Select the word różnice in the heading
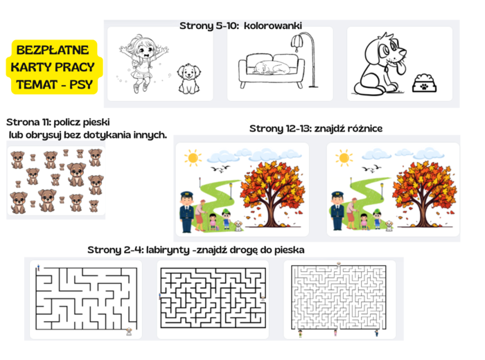[361, 128]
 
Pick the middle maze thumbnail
[213, 298]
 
